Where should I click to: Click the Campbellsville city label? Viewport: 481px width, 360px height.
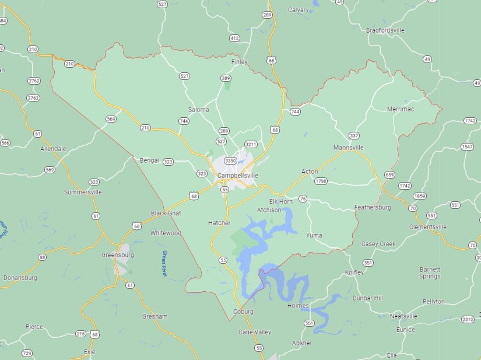tap(237, 176)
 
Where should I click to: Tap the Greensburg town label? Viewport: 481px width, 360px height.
tap(118, 255)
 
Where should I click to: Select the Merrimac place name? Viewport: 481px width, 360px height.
tap(401, 109)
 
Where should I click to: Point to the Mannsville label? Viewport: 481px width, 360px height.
tap(349, 148)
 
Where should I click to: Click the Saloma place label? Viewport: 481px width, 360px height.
tap(198, 110)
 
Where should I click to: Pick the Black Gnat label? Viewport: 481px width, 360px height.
tap(166, 213)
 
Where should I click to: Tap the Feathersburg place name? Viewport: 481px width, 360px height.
tap(373, 207)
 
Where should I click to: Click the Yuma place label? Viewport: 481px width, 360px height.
tap(314, 235)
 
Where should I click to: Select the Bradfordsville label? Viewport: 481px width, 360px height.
tap(385, 30)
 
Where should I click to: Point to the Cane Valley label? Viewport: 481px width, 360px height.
tap(255, 332)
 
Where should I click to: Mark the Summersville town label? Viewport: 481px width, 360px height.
tap(83, 192)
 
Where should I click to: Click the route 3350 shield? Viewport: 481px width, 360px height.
tap(230, 160)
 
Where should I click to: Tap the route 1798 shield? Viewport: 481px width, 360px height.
tap(320, 181)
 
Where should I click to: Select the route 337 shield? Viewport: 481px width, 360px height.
tap(354, 135)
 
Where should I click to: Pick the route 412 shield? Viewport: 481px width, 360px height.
tap(234, 38)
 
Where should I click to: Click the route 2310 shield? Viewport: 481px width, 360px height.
tap(468, 319)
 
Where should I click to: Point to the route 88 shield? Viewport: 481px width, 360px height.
tap(42, 257)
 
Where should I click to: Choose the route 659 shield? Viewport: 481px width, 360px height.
tap(389, 174)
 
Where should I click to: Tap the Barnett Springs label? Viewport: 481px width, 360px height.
tap(430, 272)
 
